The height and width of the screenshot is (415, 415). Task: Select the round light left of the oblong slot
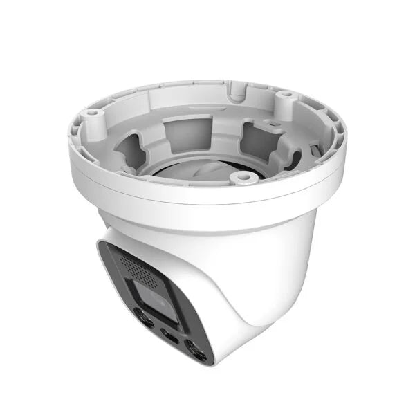(x=144, y=320)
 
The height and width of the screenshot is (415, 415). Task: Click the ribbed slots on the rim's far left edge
(x=75, y=135)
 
